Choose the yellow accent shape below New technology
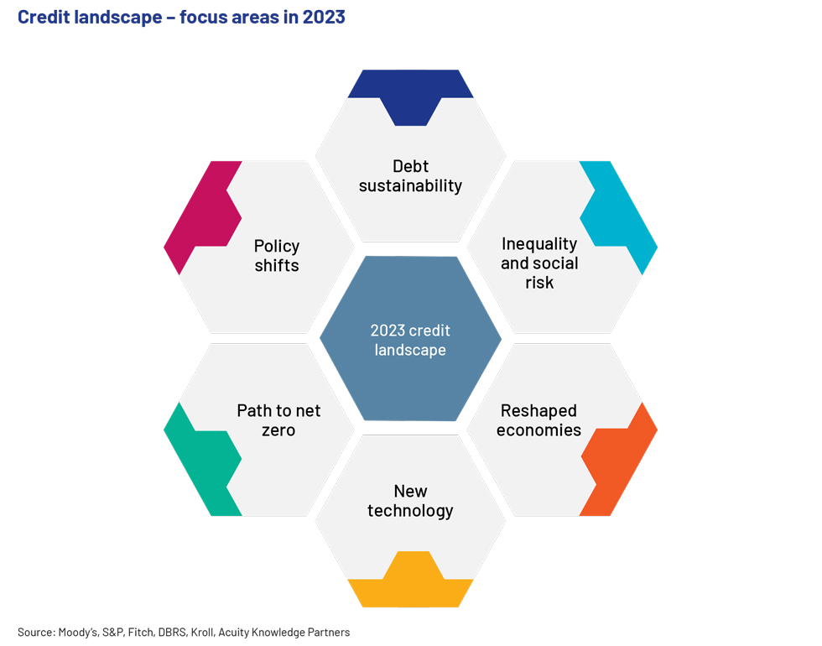point(410,583)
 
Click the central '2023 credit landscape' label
point(410,341)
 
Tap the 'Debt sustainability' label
point(410,175)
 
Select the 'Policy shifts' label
point(277,255)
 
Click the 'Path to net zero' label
point(278,420)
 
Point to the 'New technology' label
point(410,501)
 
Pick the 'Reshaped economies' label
point(538,420)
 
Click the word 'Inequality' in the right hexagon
point(539,244)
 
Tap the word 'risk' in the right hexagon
point(539,282)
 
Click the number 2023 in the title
point(324,17)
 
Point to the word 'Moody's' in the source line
point(78,633)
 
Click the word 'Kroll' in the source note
point(202,633)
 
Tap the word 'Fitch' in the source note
point(142,633)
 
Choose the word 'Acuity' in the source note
point(233,633)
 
